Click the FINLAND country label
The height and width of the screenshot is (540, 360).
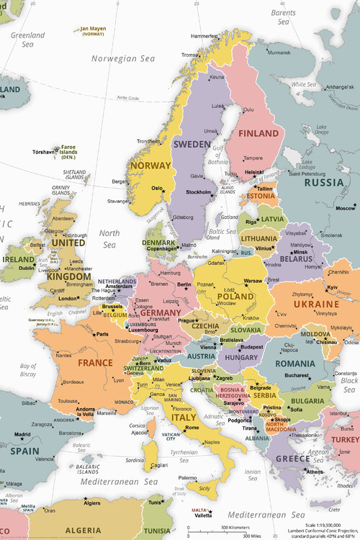[x=259, y=134]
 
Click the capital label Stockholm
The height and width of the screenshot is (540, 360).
[x=199, y=192]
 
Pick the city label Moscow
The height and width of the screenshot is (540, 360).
[x=346, y=208]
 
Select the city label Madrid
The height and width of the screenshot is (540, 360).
[x=23, y=434]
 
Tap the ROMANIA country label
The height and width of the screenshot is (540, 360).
[x=295, y=364]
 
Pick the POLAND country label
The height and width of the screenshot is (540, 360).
[x=235, y=296]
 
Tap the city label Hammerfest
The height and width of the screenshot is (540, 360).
[x=204, y=35]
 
